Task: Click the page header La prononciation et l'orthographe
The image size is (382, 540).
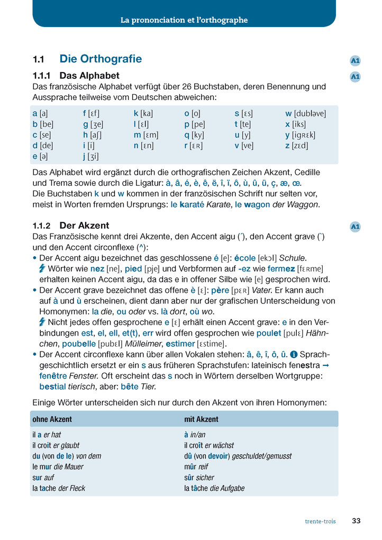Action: point(184,20)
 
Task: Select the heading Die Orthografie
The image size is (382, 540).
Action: point(101,59)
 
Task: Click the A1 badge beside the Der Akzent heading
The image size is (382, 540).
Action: point(355,227)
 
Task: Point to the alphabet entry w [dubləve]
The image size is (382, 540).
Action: point(305,113)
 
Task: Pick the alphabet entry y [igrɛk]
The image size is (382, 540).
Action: point(300,134)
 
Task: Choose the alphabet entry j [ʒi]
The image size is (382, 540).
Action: point(90,156)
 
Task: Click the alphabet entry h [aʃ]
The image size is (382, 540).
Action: point(93,134)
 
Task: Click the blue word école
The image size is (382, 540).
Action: point(245,258)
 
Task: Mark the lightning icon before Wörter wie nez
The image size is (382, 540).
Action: point(42,269)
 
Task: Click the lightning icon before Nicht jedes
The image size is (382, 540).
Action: point(42,322)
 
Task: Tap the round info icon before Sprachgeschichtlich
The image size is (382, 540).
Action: point(294,354)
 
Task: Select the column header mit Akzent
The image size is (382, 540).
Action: point(201,419)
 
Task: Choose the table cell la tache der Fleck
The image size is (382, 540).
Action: point(59,488)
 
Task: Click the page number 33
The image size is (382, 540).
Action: point(356,521)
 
